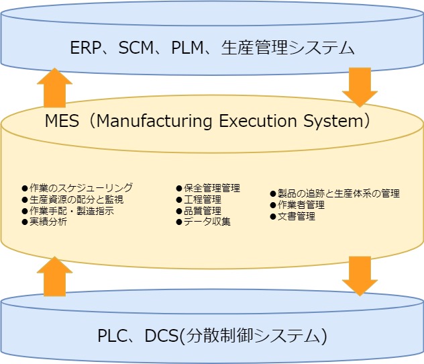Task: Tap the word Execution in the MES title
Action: (x=259, y=122)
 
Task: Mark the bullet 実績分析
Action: (x=48, y=222)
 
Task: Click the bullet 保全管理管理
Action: (x=211, y=188)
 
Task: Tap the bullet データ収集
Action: (x=207, y=222)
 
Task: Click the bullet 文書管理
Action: (x=296, y=216)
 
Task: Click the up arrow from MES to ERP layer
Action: (x=54, y=87)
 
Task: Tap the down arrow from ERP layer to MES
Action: (x=360, y=86)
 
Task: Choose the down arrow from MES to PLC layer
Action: (x=360, y=275)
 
